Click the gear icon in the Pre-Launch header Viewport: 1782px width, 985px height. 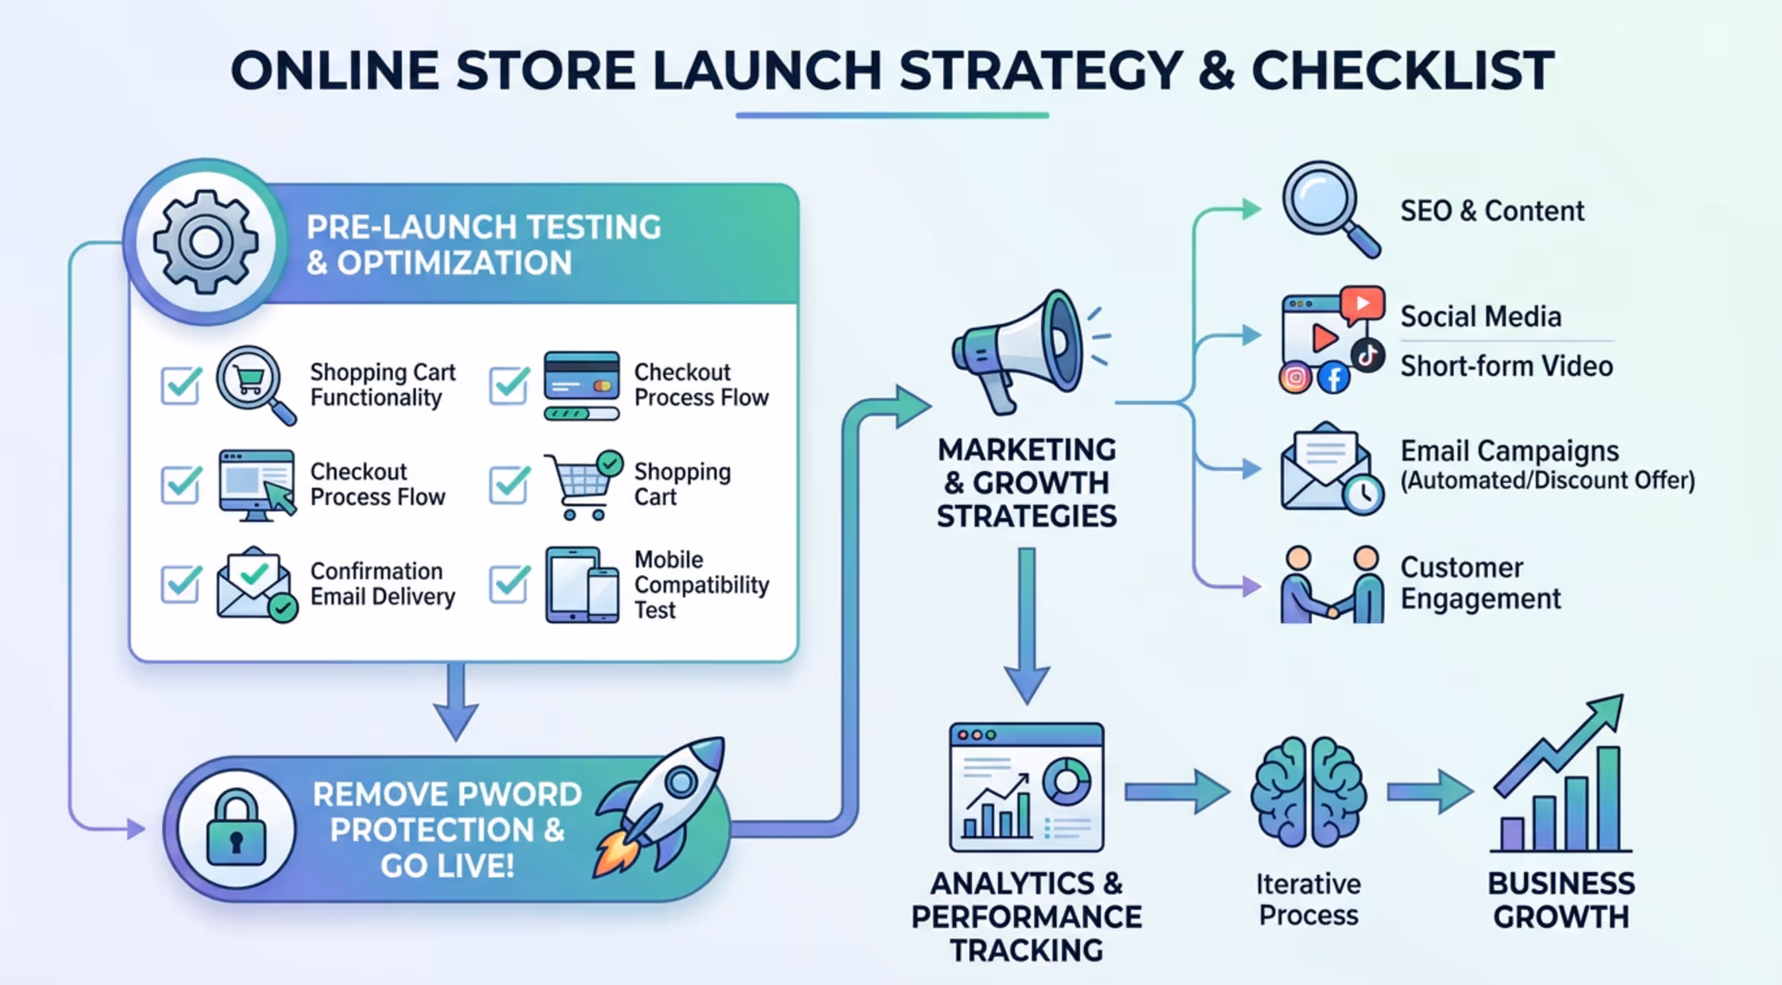(206, 242)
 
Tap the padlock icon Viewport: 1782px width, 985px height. (236, 829)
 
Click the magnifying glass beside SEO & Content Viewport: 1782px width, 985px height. (1329, 208)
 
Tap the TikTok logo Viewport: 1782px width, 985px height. (1367, 355)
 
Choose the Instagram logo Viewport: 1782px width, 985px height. (1295, 377)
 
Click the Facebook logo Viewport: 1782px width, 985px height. (1334, 377)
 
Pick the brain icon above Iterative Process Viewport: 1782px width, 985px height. (1308, 791)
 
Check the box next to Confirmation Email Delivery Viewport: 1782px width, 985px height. (181, 585)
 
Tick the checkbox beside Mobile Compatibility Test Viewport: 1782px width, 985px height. (509, 585)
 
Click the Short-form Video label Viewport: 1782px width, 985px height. (1506, 366)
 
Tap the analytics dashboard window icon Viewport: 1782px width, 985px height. (1026, 786)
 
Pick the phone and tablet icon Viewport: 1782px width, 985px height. (581, 585)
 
